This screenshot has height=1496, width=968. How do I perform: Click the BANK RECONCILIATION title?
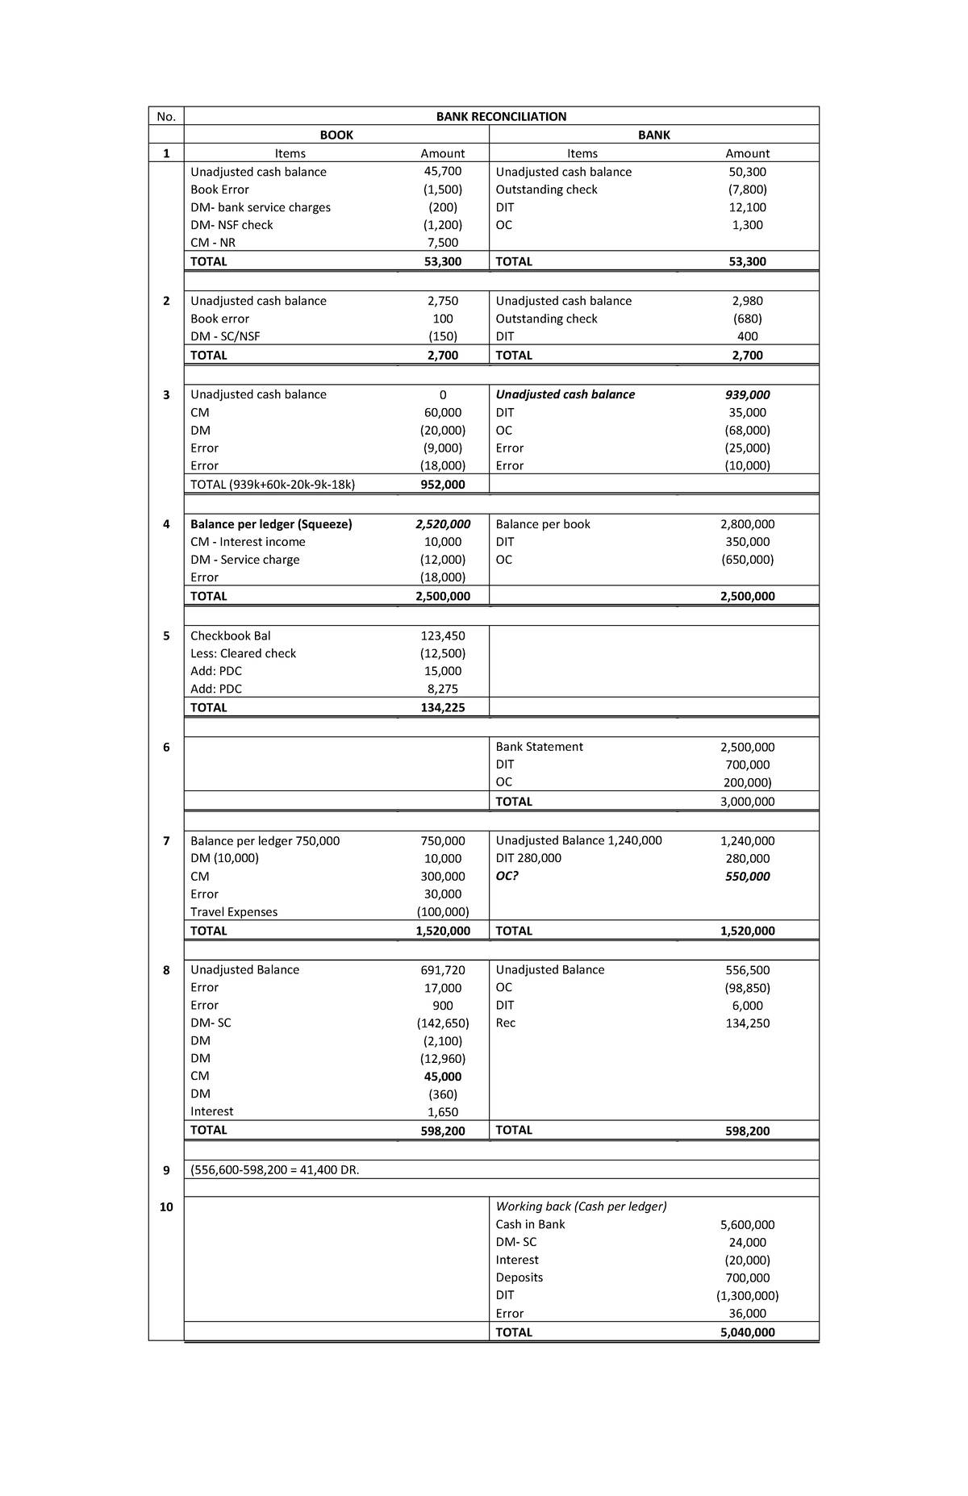click(501, 116)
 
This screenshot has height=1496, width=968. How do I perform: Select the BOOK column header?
click(336, 135)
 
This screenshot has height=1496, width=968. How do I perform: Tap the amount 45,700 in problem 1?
click(442, 171)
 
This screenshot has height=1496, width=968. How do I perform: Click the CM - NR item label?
click(213, 242)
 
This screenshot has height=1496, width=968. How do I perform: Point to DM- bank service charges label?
click(260, 207)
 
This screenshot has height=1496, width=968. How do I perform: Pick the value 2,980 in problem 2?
click(747, 301)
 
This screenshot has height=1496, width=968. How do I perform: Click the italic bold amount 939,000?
click(747, 394)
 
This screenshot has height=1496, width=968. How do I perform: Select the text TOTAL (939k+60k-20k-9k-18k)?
click(273, 485)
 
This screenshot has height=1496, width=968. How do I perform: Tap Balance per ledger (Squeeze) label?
click(271, 524)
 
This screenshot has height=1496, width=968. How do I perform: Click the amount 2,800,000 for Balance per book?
click(747, 524)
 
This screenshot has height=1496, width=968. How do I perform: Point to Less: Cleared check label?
click(243, 653)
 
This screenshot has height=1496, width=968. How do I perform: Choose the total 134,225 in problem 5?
click(442, 707)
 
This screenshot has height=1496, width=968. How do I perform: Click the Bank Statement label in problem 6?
click(539, 747)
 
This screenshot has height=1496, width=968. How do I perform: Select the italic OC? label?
click(507, 876)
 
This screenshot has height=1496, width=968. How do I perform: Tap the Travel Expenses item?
click(233, 912)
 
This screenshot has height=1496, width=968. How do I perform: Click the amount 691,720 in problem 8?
click(442, 970)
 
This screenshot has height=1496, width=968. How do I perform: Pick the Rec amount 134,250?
click(747, 1023)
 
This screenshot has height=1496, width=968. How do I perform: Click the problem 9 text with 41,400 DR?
click(274, 1170)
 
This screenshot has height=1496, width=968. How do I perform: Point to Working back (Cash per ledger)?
click(581, 1206)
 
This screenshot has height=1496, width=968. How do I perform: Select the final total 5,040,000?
click(747, 1332)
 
